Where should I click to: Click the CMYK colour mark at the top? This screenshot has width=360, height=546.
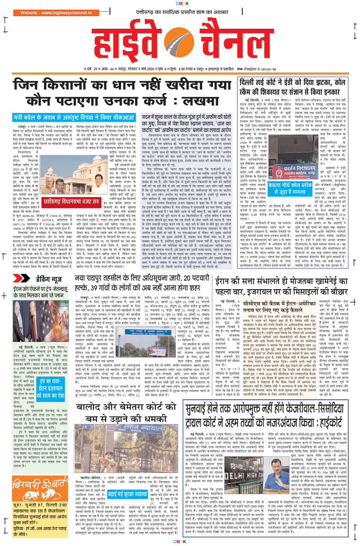[180, 4]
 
